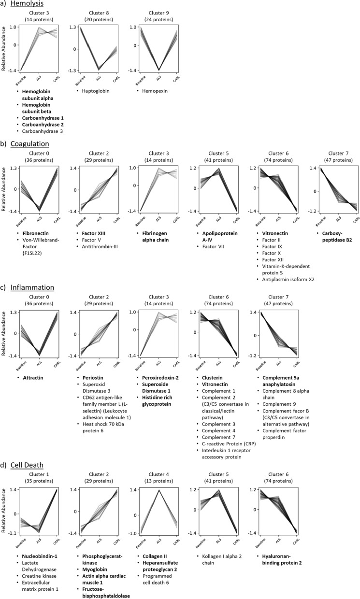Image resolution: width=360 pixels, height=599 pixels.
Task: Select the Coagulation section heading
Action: [x=29, y=143]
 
